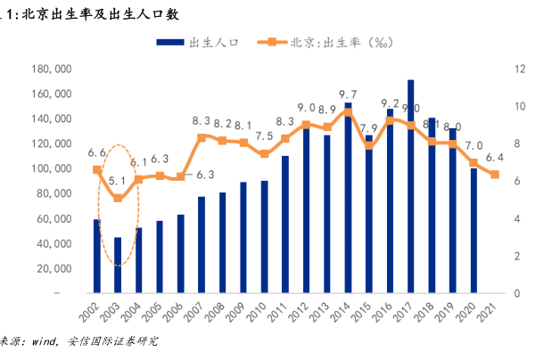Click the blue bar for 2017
[410, 187]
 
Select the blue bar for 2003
[118, 265]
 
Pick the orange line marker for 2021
[495, 175]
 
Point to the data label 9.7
[349, 94]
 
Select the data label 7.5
[264, 136]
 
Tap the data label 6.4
[495, 158]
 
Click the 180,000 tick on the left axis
[51, 69]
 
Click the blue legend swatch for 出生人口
[169, 42]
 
